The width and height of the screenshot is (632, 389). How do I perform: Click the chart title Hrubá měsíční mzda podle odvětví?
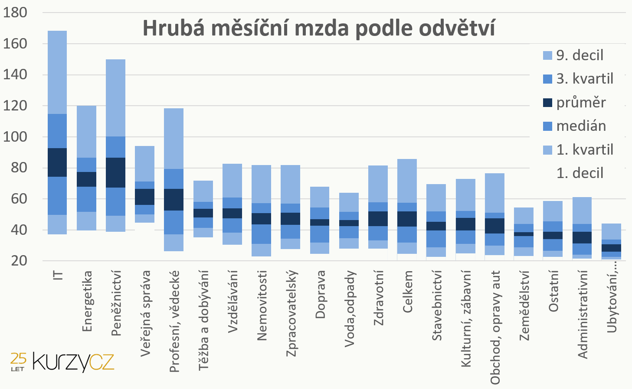319,29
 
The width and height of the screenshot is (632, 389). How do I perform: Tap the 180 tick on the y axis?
15,13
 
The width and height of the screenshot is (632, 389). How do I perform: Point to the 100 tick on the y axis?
15,137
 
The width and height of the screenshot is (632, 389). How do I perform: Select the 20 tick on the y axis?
19,261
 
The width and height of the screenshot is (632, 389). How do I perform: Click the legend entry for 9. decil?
573,55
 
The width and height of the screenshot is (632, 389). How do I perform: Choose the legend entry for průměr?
574,103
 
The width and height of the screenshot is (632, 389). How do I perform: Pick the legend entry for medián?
574,126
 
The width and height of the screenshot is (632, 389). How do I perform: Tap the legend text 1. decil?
580,173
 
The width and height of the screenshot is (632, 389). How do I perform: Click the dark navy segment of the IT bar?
57,162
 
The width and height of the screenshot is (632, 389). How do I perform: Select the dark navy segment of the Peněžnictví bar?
116,173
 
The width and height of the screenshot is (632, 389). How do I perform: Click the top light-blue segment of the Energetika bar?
87,132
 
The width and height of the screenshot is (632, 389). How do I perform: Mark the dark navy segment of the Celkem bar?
407,219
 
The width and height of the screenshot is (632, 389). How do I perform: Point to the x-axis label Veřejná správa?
145,314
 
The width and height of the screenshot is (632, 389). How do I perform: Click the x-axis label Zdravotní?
378,298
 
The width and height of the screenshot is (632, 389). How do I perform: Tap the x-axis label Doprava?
320,295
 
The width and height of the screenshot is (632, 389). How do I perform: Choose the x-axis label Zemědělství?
524,306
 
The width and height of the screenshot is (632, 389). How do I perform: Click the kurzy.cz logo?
62,362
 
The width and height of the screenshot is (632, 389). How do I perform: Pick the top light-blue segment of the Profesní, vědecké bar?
174,139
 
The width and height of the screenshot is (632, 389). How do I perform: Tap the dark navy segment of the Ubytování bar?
612,248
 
